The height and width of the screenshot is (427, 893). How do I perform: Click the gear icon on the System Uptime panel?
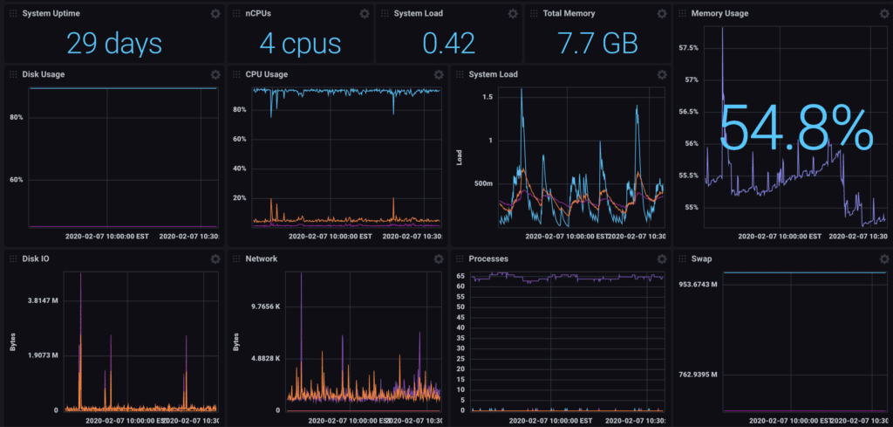click(215, 14)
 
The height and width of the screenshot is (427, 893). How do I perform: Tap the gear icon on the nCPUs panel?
click(364, 14)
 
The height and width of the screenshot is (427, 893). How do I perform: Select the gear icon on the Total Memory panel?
click(660, 14)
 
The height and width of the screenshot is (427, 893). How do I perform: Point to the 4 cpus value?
click(301, 43)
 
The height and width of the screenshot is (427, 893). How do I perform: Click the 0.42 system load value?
click(448, 43)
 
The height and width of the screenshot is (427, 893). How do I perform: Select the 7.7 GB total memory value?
click(596, 43)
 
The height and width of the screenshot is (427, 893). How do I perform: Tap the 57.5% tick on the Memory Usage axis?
click(688, 47)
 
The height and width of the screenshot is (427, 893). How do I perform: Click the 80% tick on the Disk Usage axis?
click(16, 117)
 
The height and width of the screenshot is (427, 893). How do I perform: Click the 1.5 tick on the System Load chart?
click(487, 97)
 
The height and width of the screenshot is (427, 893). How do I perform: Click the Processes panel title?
click(488, 259)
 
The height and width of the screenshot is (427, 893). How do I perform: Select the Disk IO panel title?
click(37, 259)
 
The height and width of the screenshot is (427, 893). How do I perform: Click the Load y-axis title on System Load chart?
click(460, 157)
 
